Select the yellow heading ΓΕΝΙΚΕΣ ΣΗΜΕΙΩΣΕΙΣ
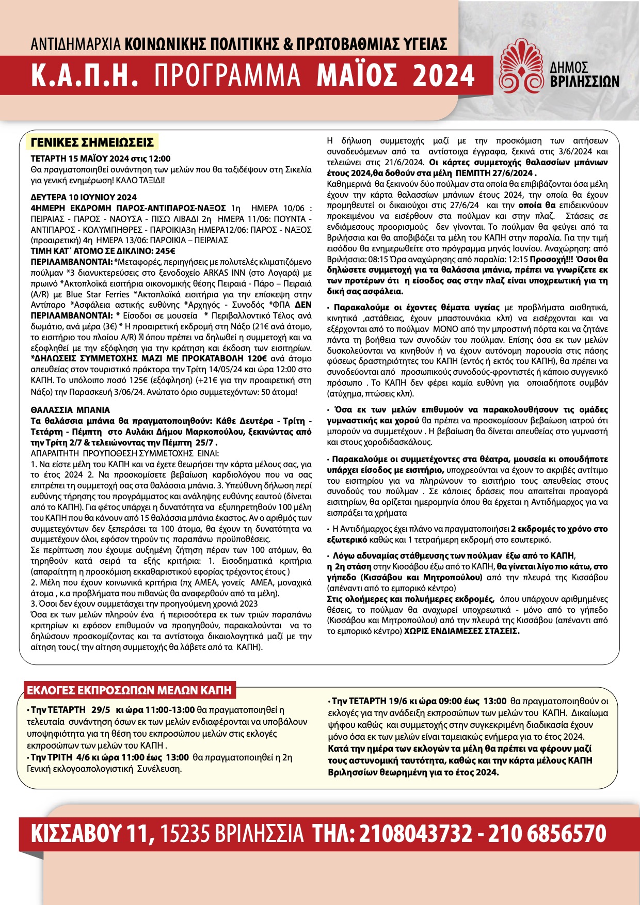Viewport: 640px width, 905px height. pos(92,142)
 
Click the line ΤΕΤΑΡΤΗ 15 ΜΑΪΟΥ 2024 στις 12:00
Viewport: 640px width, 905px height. pos(100,158)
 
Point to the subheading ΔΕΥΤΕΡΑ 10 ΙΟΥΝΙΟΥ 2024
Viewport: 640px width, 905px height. pos(84,197)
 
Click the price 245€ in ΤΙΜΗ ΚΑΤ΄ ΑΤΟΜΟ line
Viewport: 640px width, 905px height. pos(165,251)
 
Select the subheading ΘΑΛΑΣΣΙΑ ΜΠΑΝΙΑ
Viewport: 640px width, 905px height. pos(70,410)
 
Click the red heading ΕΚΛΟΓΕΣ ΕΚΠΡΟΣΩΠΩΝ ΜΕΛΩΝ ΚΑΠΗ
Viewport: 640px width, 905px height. pos(129,690)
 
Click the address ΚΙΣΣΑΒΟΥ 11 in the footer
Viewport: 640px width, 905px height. pos(93,834)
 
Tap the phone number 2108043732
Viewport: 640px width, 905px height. pos(415,834)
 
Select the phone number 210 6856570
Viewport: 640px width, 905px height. pos(547,834)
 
